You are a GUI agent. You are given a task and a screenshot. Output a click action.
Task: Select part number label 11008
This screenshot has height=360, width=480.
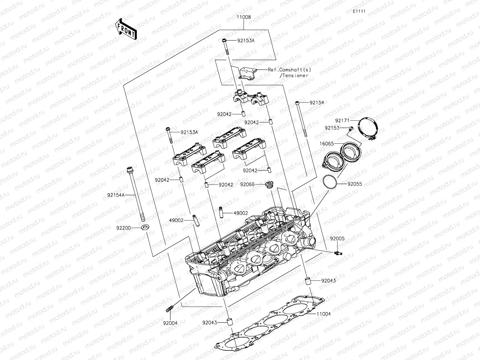click(x=244, y=17)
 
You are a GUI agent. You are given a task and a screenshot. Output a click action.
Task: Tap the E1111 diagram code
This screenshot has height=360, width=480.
click(x=359, y=11)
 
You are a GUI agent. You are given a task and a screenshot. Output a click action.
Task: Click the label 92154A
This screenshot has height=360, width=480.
click(x=115, y=195)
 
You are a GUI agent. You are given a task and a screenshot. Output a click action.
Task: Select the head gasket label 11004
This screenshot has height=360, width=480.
click(x=323, y=314)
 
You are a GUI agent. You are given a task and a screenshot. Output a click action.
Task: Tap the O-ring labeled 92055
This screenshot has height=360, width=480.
click(x=330, y=183)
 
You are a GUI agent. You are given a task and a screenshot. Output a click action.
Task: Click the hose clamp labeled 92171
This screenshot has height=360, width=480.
click(x=369, y=127)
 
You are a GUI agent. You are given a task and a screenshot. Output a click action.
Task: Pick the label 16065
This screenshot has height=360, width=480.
click(x=326, y=144)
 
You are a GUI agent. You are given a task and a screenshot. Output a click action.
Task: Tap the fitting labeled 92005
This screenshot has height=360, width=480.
click(x=337, y=254)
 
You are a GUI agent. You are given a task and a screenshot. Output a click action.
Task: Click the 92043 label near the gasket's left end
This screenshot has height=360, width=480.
click(x=210, y=322)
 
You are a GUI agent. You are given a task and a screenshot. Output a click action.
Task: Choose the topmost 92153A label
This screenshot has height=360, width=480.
click(x=246, y=40)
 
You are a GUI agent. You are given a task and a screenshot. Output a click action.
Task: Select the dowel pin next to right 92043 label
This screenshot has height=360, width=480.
click(x=307, y=281)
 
